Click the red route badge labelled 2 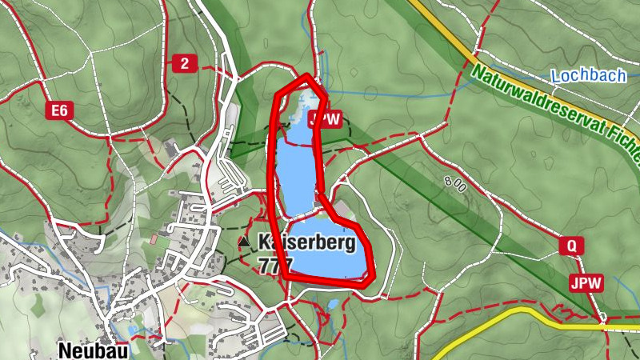(x=184, y=64)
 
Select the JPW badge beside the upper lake (x=324, y=120)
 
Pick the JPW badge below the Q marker (x=586, y=282)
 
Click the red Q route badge (x=571, y=246)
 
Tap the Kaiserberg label (x=307, y=242)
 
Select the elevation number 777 (x=275, y=263)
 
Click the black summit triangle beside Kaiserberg (x=244, y=241)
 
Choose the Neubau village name (x=92, y=350)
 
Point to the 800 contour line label (x=454, y=183)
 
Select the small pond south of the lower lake (x=333, y=304)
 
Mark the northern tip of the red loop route (x=307, y=77)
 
